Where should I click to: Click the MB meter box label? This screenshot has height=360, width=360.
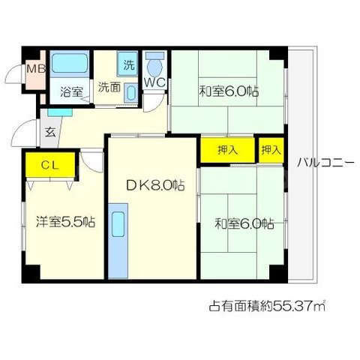[x=35, y=70]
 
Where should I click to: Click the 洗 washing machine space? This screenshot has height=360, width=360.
[x=128, y=64]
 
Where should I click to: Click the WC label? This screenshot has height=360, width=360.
[x=154, y=82]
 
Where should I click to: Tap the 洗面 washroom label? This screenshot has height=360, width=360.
[x=109, y=87]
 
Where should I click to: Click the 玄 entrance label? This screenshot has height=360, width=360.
[x=49, y=132]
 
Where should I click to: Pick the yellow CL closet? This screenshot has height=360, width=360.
[x=49, y=163]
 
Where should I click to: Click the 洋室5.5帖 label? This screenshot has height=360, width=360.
[x=64, y=221]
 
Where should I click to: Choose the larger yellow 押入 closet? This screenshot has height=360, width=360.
[x=228, y=149]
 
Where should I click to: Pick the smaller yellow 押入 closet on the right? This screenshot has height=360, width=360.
[x=271, y=149]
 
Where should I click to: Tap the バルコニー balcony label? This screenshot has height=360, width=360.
[x=324, y=160]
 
